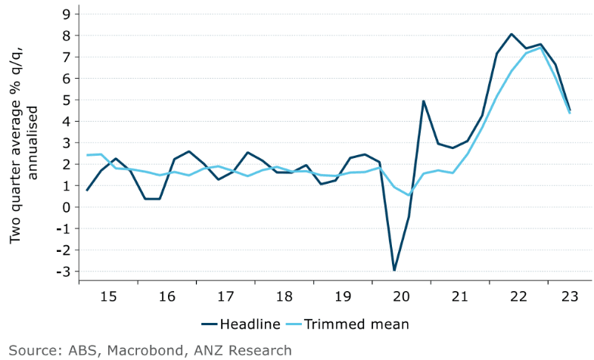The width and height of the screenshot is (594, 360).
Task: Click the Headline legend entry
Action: click(250, 324)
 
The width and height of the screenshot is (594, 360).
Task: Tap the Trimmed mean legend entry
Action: click(363, 324)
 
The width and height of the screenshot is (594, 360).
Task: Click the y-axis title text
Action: click(25, 142)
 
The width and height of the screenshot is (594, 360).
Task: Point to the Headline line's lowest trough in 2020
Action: click(394, 270)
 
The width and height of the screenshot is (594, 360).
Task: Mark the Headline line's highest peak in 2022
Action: click(512, 34)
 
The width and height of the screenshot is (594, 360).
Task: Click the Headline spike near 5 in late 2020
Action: click(424, 101)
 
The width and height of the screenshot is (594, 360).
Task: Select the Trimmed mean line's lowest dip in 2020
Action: click(409, 195)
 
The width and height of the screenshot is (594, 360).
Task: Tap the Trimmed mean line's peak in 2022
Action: click(540, 48)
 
